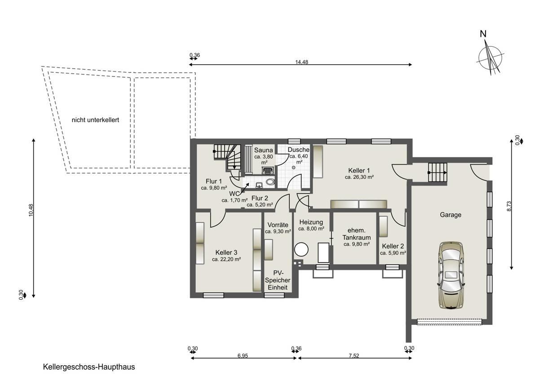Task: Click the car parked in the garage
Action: tap(451, 275)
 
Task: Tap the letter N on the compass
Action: tap(483, 34)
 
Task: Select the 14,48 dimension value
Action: tap(302, 62)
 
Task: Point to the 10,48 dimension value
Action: tap(31, 210)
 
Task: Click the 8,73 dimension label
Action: tap(509, 206)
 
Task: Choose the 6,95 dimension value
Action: tap(243, 356)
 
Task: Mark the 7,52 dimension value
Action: tap(354, 356)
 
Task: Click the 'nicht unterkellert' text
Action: tap(95, 120)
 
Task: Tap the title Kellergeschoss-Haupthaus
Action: tap(89, 367)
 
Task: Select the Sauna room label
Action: tap(264, 150)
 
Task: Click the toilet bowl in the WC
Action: tap(271, 182)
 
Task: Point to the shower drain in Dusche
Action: tap(293, 167)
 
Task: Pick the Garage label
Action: tap(451, 215)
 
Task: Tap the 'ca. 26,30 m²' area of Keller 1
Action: tap(359, 177)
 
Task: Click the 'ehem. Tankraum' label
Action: tap(357, 234)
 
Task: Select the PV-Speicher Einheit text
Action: tap(278, 280)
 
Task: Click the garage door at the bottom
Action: tap(450, 322)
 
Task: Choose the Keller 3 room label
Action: tap(226, 253)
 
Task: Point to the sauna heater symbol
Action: tap(267, 170)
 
